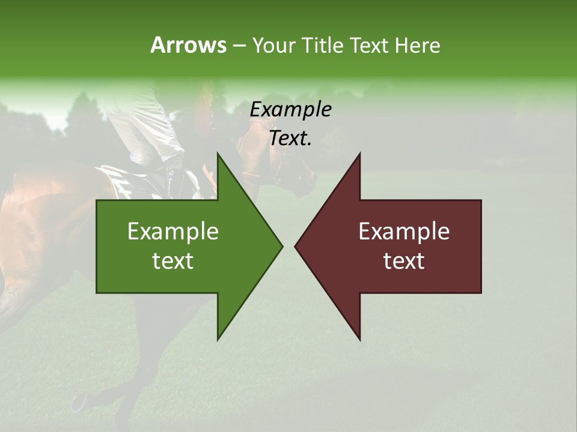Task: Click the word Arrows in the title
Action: click(188, 45)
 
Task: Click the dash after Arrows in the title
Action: click(239, 46)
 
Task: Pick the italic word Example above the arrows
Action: click(291, 110)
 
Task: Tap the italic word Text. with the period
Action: click(291, 139)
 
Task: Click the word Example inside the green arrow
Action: click(172, 232)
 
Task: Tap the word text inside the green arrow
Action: click(172, 261)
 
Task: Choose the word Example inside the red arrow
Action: click(404, 232)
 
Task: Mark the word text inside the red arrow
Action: click(404, 261)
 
